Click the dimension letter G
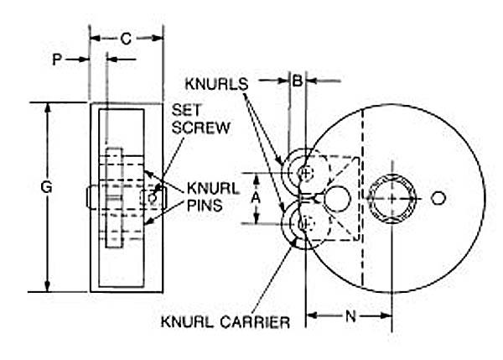point(47,187)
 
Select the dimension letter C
point(126,38)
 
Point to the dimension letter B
point(297,81)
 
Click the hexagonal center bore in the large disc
point(392,198)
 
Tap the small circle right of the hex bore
point(438,198)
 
